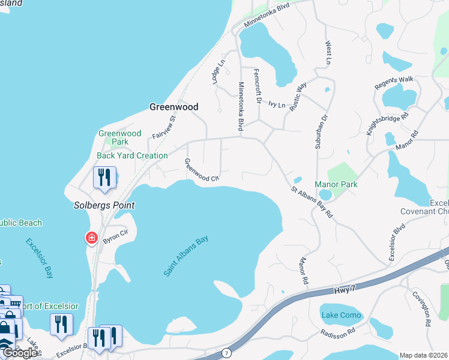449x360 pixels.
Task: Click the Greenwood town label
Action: click(x=173, y=107)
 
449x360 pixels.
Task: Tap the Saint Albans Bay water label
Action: click(x=186, y=256)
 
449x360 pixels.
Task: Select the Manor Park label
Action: click(x=336, y=184)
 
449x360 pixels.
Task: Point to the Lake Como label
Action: click(x=341, y=315)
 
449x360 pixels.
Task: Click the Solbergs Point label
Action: click(x=104, y=205)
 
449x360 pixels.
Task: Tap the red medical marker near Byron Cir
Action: click(x=91, y=238)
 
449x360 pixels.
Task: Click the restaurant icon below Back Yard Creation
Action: click(x=104, y=177)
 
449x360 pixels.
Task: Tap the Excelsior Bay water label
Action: click(x=39, y=259)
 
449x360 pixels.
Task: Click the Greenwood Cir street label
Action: click(x=202, y=170)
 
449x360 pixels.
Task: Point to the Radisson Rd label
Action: click(x=339, y=334)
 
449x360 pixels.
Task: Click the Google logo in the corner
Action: click(x=19, y=353)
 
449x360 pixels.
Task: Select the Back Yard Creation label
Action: click(x=132, y=155)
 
